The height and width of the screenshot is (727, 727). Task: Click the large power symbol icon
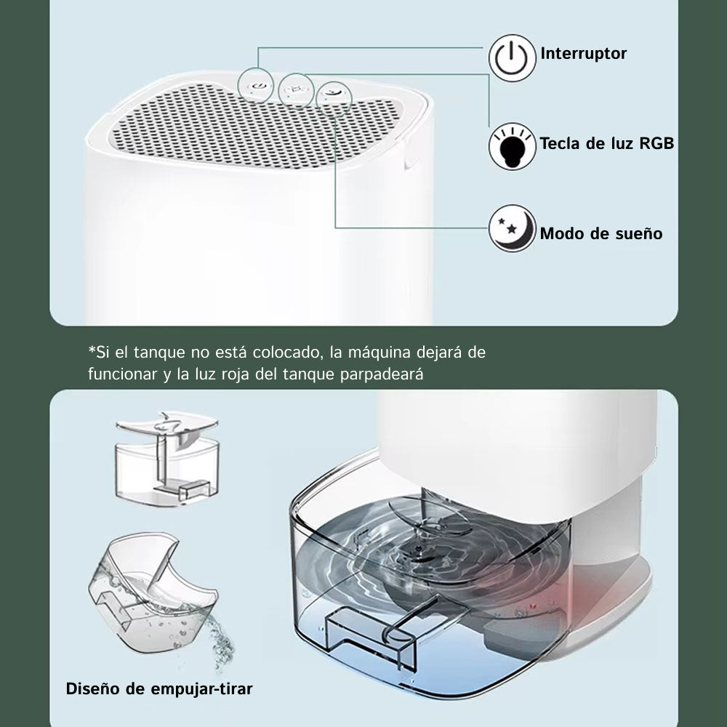(512, 58)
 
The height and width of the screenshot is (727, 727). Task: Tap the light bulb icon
(512, 146)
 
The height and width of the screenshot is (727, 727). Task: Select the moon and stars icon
(512, 228)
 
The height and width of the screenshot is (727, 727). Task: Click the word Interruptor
(583, 53)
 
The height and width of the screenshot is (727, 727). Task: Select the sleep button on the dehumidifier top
(333, 92)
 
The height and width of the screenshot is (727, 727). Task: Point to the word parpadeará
(382, 374)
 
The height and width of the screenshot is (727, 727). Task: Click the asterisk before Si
(92, 349)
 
